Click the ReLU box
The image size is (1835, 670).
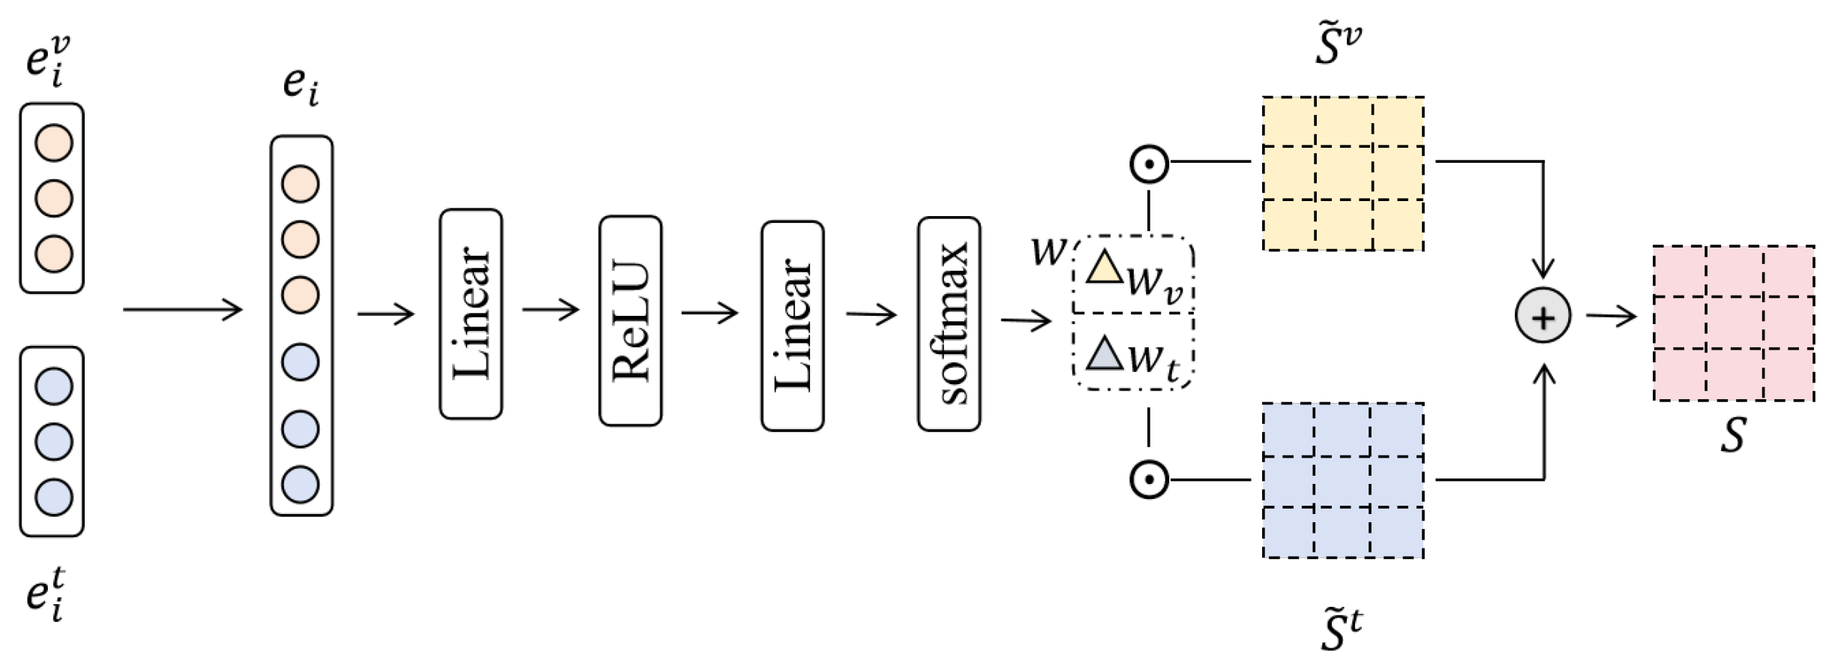click(x=630, y=321)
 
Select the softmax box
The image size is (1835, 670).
click(x=949, y=323)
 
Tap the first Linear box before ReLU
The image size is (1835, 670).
click(x=470, y=314)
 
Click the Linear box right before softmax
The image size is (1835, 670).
click(x=792, y=326)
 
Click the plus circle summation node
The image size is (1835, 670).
click(x=1543, y=316)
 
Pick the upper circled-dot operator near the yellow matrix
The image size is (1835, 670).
click(x=1149, y=164)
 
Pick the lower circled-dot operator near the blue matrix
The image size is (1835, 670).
click(x=1149, y=479)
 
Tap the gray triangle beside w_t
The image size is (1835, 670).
click(x=1103, y=354)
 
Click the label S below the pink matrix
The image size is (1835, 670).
click(x=1733, y=434)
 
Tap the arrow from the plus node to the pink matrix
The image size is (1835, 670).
click(x=1611, y=317)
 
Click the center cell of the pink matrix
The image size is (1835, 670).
click(x=1735, y=323)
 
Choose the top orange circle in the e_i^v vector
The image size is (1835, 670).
click(x=54, y=143)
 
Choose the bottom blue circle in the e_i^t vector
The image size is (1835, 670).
click(x=54, y=497)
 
